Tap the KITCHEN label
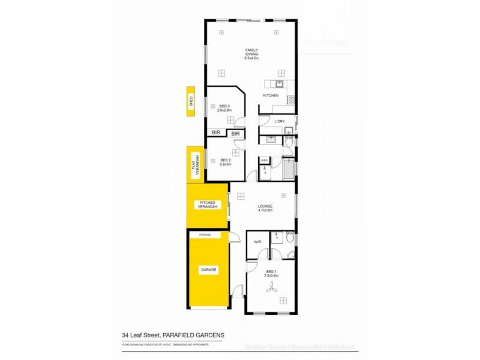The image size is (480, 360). [271, 96]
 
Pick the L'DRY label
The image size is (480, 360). [279, 122]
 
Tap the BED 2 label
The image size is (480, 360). [225, 160]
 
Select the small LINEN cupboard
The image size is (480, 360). [264, 160]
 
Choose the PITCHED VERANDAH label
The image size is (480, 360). [208, 206]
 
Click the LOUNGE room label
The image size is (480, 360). [265, 206]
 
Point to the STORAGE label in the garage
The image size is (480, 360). [205, 235]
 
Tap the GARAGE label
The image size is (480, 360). [208, 270]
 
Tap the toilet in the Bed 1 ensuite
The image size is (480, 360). [290, 238]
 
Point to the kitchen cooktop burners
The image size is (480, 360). [291, 100]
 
